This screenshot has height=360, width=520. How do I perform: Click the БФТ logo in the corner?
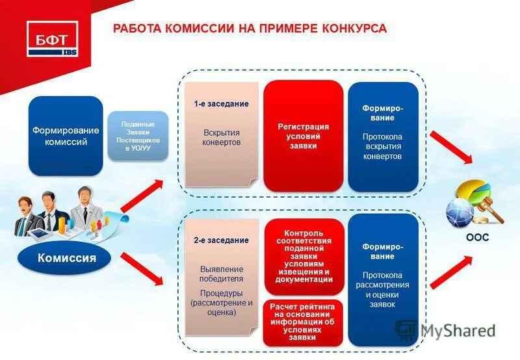[x=52, y=38]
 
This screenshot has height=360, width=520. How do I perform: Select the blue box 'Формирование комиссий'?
[x=66, y=136]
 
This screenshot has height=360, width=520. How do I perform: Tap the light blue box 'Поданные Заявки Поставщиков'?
[x=138, y=136]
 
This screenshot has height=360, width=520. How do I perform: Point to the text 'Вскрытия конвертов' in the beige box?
[x=221, y=138]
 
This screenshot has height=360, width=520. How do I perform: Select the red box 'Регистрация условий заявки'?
[x=303, y=136]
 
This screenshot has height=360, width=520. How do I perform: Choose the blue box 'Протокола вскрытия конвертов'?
[x=382, y=136]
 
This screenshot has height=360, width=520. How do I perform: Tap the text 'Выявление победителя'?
[x=222, y=274]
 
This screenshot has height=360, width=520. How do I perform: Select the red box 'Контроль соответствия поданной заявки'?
[x=304, y=257]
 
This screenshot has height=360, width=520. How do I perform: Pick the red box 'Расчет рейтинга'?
[x=304, y=321]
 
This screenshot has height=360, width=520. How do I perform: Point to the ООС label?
[x=477, y=238]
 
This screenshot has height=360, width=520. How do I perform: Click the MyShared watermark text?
[x=457, y=330]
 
